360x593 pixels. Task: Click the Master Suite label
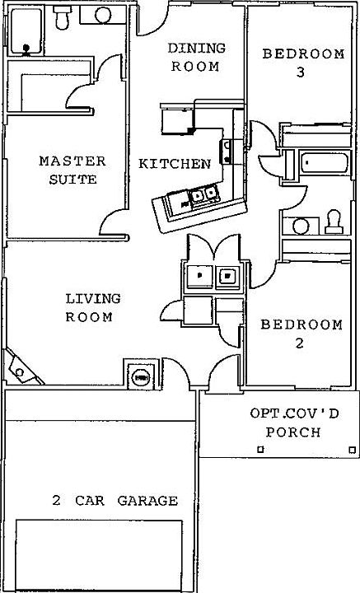click(x=72, y=170)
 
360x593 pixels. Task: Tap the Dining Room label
click(x=196, y=58)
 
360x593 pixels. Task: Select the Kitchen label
click(x=175, y=164)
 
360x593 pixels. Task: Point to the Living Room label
click(x=93, y=307)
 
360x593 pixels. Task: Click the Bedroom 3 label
click(x=303, y=63)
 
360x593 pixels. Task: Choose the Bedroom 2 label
click(x=302, y=334)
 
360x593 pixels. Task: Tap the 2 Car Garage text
click(x=115, y=501)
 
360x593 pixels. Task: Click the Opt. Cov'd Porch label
click(x=294, y=423)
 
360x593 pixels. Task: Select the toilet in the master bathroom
click(x=62, y=17)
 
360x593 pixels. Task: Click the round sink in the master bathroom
click(x=103, y=16)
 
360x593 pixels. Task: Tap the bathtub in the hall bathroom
click(x=325, y=163)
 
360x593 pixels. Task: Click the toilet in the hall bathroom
click(x=333, y=222)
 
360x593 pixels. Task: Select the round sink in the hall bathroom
click(x=301, y=226)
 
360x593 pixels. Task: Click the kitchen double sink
click(x=204, y=195)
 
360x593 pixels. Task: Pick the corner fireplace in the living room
click(x=21, y=368)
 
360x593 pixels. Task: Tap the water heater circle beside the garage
click(x=141, y=377)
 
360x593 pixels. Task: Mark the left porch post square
click(x=260, y=450)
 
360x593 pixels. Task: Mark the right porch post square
click(x=352, y=450)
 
